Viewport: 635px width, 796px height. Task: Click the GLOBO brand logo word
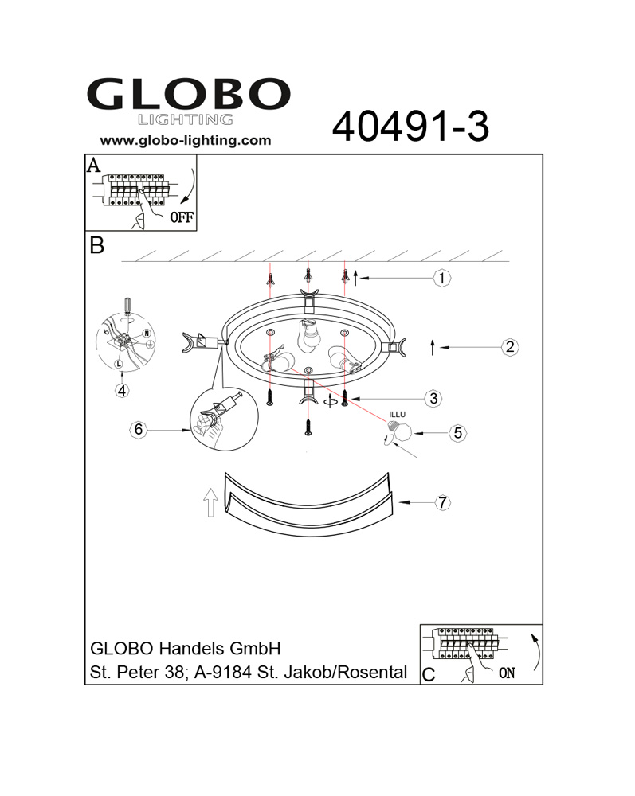click(x=189, y=94)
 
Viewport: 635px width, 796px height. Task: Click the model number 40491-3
click(x=410, y=127)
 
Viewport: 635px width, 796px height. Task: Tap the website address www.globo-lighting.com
click(x=186, y=141)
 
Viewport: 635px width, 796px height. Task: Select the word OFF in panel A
click(x=182, y=217)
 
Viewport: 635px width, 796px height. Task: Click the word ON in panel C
click(x=507, y=673)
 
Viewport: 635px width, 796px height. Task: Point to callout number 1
click(x=442, y=278)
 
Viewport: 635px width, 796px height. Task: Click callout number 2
click(x=510, y=347)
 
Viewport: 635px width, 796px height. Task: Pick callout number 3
click(x=433, y=399)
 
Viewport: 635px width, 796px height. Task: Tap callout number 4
click(x=122, y=391)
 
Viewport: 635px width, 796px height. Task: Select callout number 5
click(x=457, y=433)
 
